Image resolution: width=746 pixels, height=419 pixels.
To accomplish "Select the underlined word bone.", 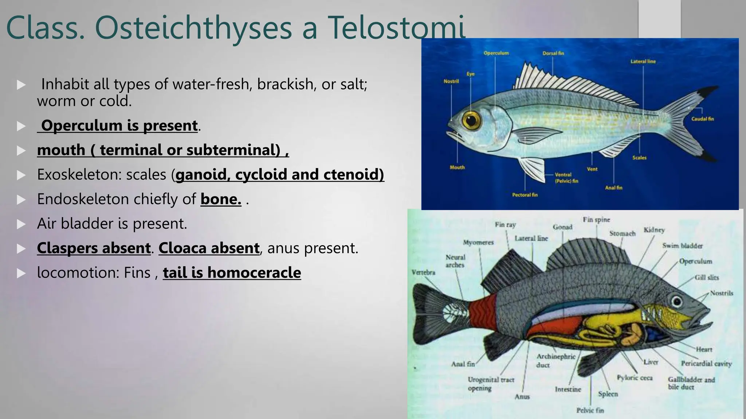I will pyautogui.click(x=221, y=199).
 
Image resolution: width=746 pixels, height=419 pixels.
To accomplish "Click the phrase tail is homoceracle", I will pyautogui.click(x=232, y=273).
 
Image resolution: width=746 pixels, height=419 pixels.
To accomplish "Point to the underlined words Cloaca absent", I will pyautogui.click(x=209, y=248).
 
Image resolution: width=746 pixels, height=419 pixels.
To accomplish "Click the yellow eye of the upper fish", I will pyautogui.click(x=471, y=119).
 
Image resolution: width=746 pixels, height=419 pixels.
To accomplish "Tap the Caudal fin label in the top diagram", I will pyautogui.click(x=702, y=119).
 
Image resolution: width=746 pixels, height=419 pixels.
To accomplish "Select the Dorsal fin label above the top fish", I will pyautogui.click(x=553, y=53).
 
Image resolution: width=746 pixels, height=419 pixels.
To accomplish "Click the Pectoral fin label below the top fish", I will pyautogui.click(x=525, y=195).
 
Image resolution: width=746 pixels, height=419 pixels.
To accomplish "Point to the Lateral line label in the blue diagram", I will pyautogui.click(x=643, y=61).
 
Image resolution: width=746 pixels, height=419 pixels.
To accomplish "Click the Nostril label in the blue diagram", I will pyautogui.click(x=451, y=81).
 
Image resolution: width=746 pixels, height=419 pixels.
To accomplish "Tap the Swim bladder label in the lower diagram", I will pyautogui.click(x=682, y=246).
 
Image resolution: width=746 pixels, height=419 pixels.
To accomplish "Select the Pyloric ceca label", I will pyautogui.click(x=635, y=378).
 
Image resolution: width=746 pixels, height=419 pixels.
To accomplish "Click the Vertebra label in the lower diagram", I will pyautogui.click(x=423, y=272).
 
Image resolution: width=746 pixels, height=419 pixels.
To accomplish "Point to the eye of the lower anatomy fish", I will pyautogui.click(x=677, y=301).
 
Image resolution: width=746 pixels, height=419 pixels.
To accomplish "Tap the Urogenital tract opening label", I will pyautogui.click(x=490, y=384).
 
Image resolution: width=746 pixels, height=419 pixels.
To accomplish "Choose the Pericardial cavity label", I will pyautogui.click(x=706, y=363).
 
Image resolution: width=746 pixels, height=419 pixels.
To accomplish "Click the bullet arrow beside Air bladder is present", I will pyautogui.click(x=21, y=224).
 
